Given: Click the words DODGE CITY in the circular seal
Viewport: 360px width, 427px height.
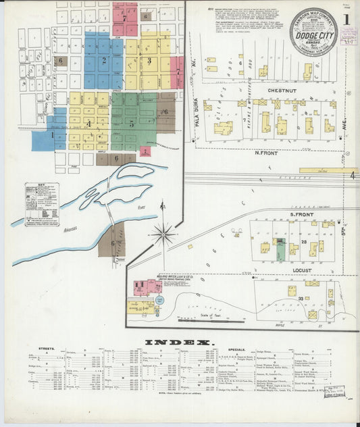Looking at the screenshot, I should [x=313, y=30].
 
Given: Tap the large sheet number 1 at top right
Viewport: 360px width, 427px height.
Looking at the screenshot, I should [x=346, y=19].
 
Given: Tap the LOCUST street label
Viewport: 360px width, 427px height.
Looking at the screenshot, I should [x=301, y=270].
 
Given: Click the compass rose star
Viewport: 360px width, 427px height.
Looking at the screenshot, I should [x=163, y=235].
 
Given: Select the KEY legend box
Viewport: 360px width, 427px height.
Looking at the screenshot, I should [x=42, y=203].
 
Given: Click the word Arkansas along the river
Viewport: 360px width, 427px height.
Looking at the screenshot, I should [x=70, y=229].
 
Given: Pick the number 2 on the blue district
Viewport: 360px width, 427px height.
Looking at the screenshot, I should [x=104, y=60].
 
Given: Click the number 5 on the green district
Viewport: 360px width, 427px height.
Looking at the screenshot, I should [x=132, y=124].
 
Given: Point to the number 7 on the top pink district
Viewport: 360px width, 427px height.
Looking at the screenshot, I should [x=124, y=19].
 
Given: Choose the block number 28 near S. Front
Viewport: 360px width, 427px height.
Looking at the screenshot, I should [x=305, y=242].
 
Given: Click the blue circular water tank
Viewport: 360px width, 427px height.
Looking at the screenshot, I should [x=159, y=300].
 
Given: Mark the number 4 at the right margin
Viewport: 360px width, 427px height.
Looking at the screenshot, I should [x=353, y=175].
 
